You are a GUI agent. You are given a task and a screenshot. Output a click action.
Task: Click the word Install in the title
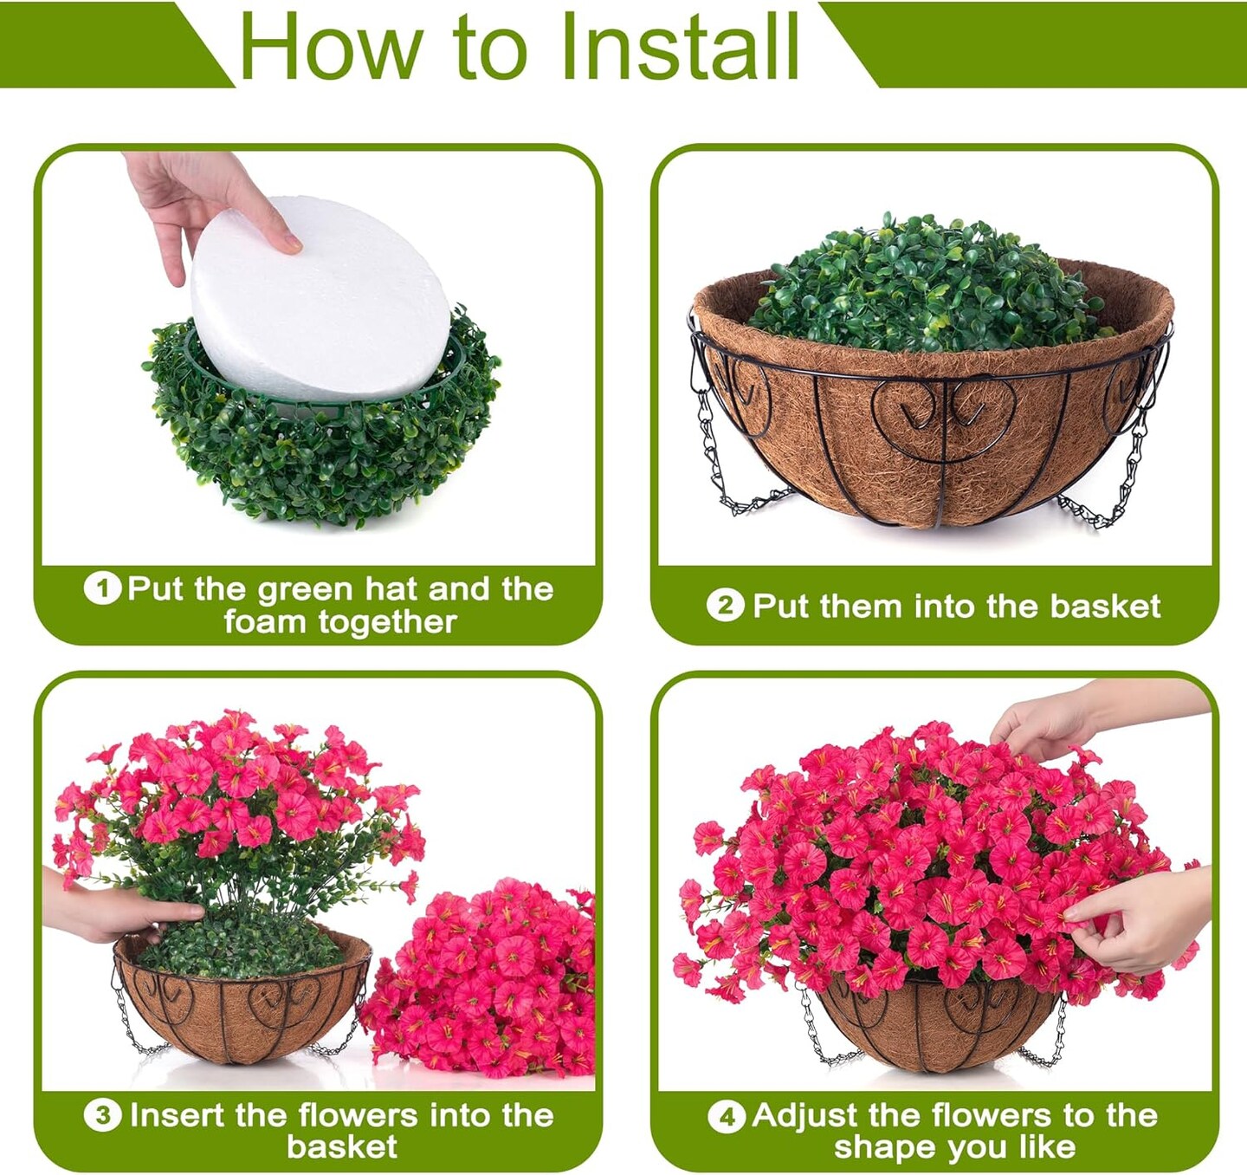tap(679, 46)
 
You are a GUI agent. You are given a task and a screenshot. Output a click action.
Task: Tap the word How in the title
tap(330, 47)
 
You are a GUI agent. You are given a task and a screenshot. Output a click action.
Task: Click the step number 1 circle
tap(102, 588)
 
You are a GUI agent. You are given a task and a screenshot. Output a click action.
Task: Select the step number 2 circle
tap(725, 606)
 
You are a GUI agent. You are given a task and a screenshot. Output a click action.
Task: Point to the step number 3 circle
tap(103, 1115)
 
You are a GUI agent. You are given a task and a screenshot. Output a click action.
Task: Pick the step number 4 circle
tap(726, 1115)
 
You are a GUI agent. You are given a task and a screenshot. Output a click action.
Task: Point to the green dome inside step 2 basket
tap(927, 286)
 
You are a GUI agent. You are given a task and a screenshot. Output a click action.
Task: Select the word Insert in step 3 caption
tap(177, 1115)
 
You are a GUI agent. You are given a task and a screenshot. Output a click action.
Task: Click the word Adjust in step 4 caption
tap(806, 1115)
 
